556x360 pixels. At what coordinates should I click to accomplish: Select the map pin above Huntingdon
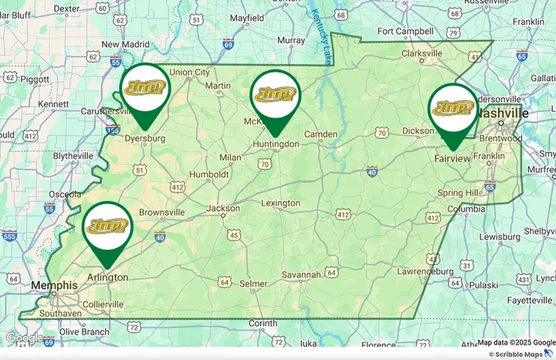tap(276, 97)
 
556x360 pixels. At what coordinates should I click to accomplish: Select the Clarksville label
tap(421, 53)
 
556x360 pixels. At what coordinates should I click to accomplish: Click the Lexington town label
tap(280, 203)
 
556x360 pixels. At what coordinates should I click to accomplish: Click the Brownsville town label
tap(161, 212)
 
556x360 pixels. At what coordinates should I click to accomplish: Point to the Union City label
tap(189, 73)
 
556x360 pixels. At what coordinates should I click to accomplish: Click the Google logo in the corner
tap(24, 338)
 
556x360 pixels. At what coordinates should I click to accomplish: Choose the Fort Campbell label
tap(402, 31)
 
